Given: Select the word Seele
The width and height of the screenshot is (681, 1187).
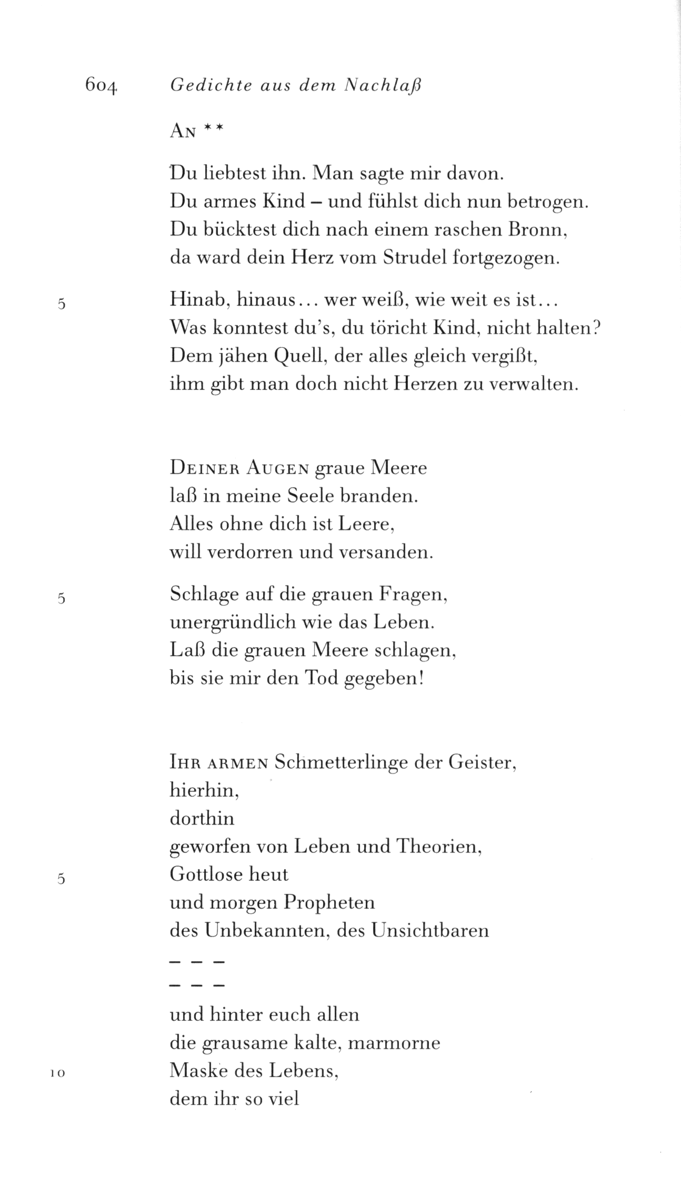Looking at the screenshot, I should pyautogui.click(x=314, y=496).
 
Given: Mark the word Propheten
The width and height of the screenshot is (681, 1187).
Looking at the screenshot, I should pyautogui.click(x=329, y=902).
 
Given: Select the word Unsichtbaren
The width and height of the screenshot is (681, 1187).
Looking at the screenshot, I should pyautogui.click(x=429, y=931).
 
